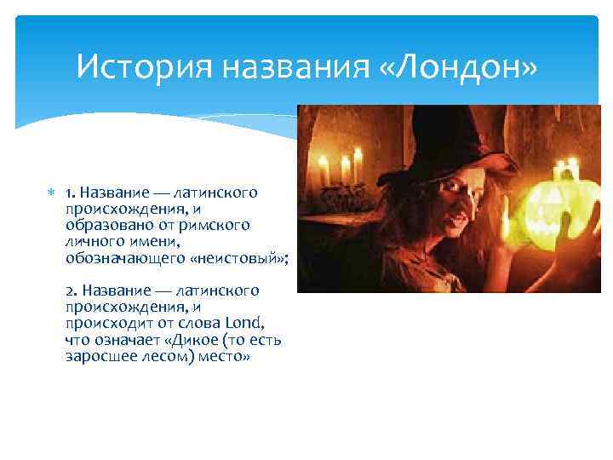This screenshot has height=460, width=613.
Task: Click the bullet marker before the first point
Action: pyautogui.click(x=53, y=193)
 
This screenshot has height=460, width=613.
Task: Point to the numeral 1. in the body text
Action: pyautogui.click(x=71, y=193)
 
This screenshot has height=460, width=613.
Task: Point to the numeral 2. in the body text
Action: pyautogui.click(x=72, y=291)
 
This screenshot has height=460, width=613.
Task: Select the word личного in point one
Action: pyautogui.click(x=92, y=241)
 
